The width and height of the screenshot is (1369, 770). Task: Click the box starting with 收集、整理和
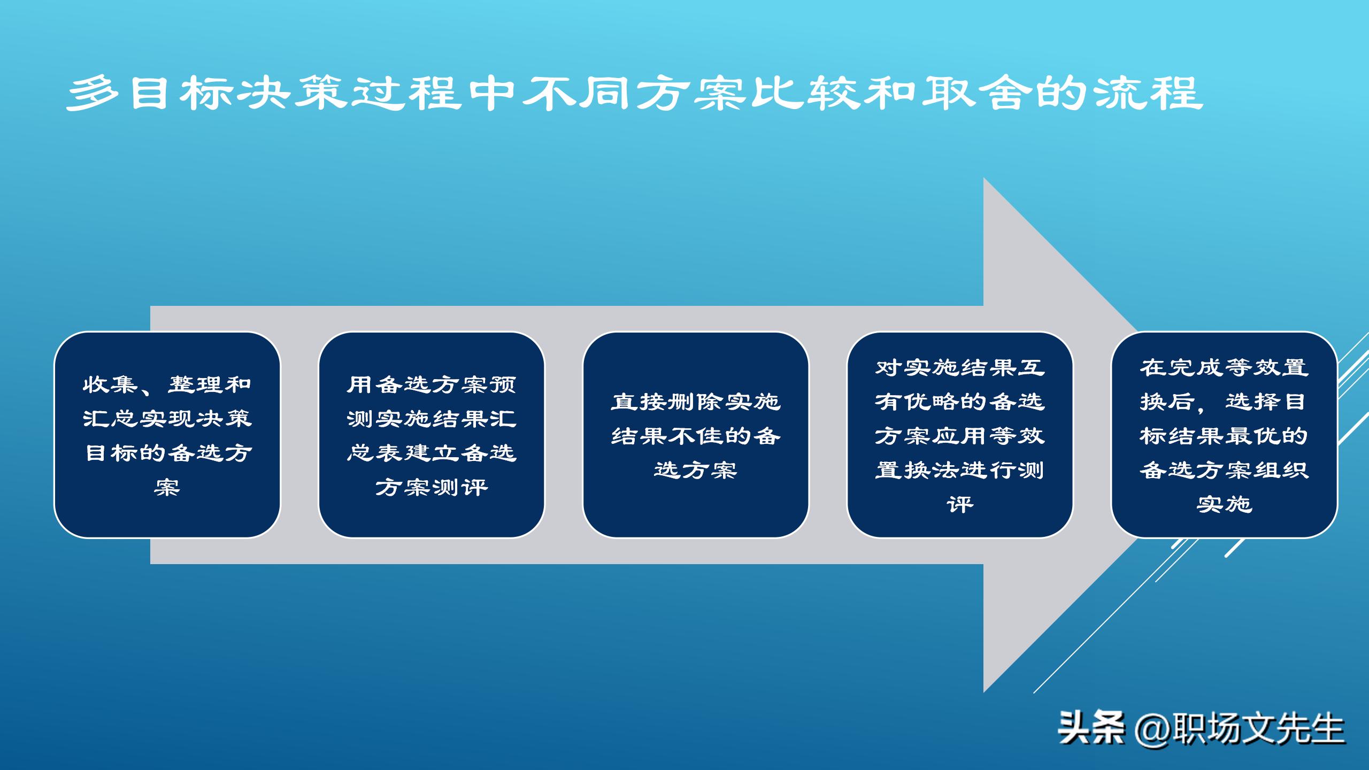coord(167,434)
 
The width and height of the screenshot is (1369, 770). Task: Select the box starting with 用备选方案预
coord(431,434)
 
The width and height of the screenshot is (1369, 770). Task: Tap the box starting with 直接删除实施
coord(695,434)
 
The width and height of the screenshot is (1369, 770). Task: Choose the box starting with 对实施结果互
coord(959,434)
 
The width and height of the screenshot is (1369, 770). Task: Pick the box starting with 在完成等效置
coord(1224,434)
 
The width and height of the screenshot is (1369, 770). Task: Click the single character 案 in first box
coord(167,487)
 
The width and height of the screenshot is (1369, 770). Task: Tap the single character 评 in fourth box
coord(959,504)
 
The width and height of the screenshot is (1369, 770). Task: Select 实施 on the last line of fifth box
coord(1224,504)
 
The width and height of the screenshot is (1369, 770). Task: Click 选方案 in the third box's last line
coord(695,470)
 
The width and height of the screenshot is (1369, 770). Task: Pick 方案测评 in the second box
coord(431,487)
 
